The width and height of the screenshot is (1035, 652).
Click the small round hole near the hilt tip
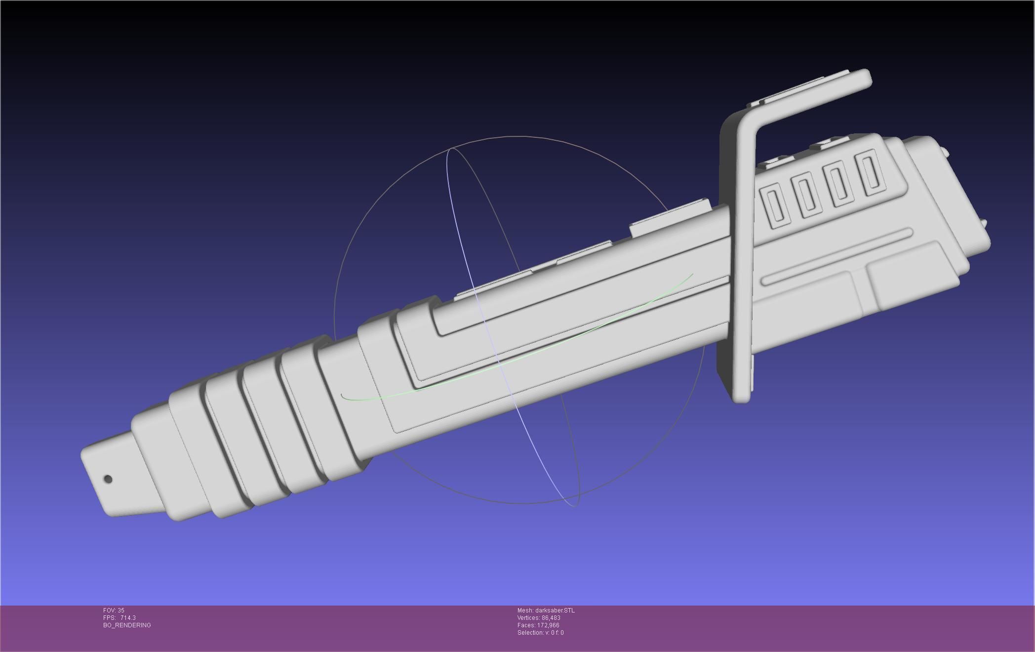108,479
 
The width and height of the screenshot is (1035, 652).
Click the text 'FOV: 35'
114,611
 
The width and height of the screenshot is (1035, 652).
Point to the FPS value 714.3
128,618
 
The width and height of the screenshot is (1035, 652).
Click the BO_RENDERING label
127,625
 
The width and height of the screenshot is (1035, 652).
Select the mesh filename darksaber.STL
546,611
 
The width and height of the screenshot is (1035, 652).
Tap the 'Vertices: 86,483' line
539,618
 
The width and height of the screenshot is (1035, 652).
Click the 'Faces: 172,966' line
538,625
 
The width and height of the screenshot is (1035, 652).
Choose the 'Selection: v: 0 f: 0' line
540,633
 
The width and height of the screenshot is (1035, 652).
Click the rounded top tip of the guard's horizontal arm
866,79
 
